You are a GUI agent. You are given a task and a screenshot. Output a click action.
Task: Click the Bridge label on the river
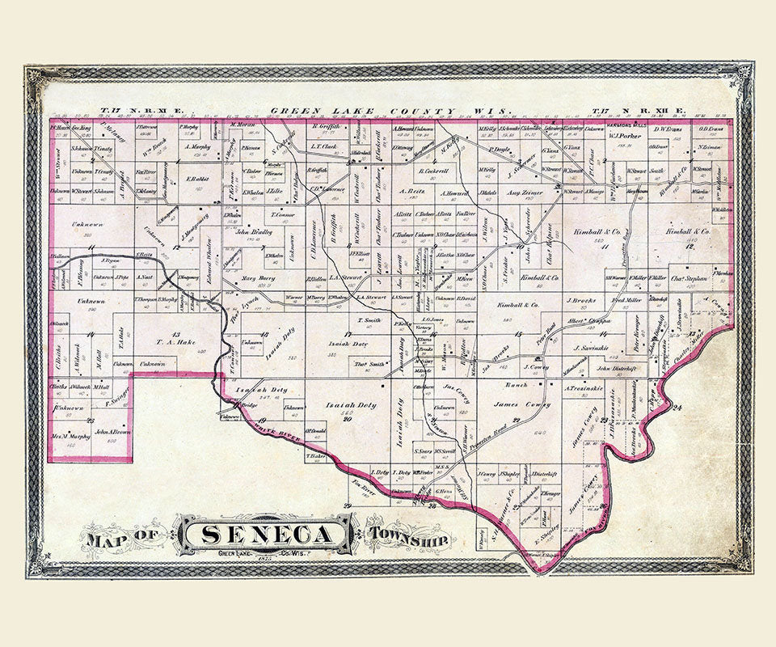248,404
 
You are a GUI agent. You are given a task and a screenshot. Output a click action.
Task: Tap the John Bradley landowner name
253,231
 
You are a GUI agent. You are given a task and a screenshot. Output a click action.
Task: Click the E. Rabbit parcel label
196,179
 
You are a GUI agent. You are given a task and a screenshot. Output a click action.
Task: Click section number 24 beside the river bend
676,408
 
